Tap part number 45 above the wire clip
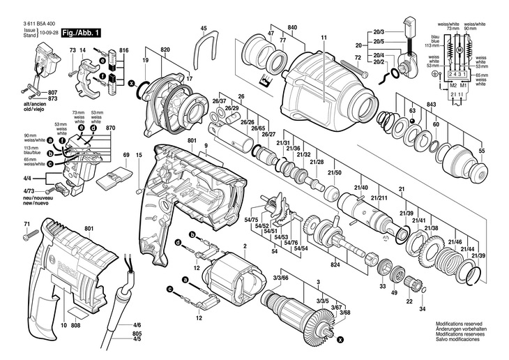pyautogui.click(x=204, y=29)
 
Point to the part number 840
pyautogui.click(x=292, y=27)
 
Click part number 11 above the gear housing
pyautogui.click(x=324, y=37)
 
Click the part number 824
pyautogui.click(x=335, y=265)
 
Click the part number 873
pyautogui.click(x=53, y=98)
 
